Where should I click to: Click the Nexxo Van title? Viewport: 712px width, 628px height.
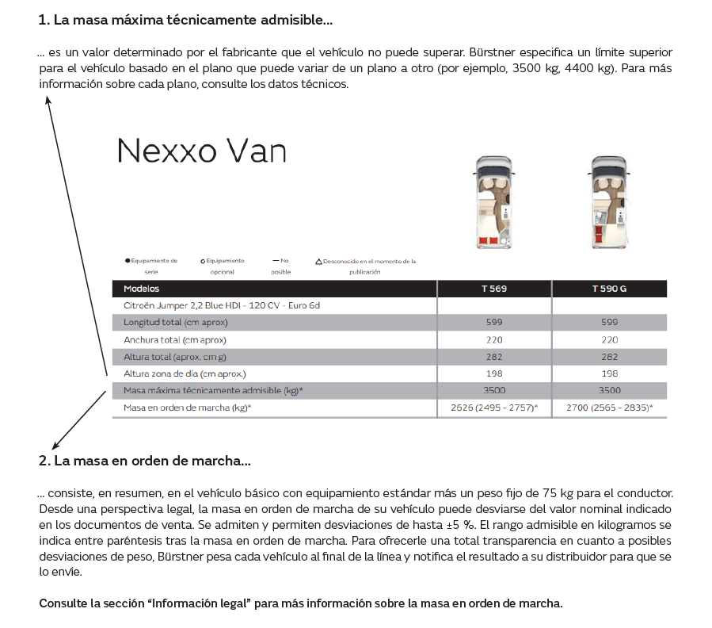(201, 151)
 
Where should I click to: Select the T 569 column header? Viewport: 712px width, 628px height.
(493, 289)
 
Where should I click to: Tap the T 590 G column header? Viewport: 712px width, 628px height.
(608, 289)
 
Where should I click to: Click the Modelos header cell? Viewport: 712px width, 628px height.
(142, 289)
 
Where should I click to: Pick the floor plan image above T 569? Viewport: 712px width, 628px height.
(493, 201)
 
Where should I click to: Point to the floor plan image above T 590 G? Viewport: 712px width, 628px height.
(609, 201)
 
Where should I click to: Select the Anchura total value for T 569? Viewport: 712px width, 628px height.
(493, 339)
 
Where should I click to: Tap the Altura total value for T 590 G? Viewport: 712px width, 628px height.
(609, 357)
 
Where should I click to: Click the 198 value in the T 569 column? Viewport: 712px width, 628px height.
(493, 373)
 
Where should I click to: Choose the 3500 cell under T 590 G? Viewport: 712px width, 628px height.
(609, 390)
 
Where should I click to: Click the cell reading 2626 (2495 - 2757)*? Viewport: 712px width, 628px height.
(493, 408)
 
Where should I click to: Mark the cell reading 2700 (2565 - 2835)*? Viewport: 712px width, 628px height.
(609, 408)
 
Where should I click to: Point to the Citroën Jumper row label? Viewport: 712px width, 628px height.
(221, 305)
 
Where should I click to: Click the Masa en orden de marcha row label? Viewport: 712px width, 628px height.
(187, 408)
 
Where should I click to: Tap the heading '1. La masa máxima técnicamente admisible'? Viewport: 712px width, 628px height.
(185, 18)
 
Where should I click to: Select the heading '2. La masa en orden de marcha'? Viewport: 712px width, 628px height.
(144, 461)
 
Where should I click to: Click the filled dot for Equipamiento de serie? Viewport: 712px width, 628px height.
(128, 261)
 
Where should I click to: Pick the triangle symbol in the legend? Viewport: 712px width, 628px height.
(318, 261)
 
